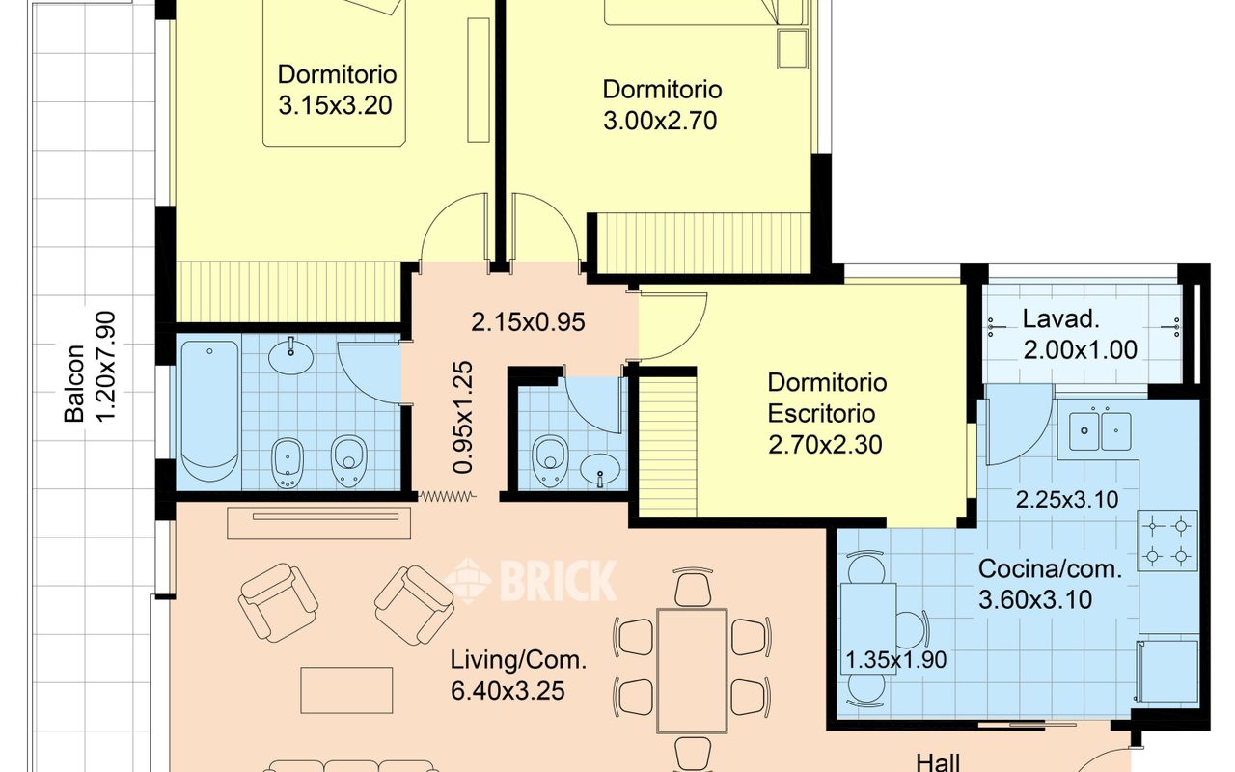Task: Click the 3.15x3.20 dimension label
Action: (x=335, y=105)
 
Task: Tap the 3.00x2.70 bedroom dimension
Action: (x=660, y=121)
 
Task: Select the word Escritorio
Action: (x=821, y=414)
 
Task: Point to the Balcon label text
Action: (x=75, y=384)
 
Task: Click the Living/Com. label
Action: (x=519, y=660)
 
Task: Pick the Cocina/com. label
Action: (x=1051, y=569)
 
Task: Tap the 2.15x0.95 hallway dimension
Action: (x=528, y=322)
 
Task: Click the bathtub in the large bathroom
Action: (x=209, y=411)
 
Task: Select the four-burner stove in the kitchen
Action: (x=1167, y=541)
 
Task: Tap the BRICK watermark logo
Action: (x=531, y=580)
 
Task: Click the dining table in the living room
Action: (x=693, y=671)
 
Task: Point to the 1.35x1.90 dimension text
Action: (x=896, y=659)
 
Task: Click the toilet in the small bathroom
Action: (x=550, y=461)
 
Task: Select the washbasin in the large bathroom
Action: (x=291, y=356)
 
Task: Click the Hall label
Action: (x=938, y=762)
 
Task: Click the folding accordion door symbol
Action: (x=447, y=497)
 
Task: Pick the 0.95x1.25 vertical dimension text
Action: (x=462, y=418)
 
